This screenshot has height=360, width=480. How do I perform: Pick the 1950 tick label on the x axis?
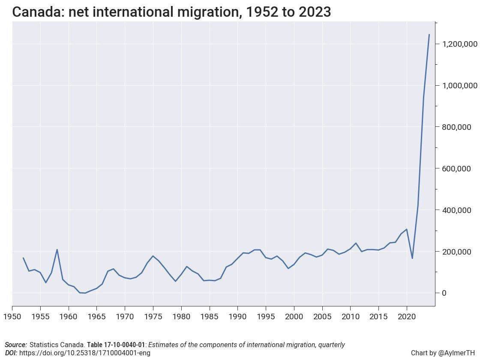(12, 317)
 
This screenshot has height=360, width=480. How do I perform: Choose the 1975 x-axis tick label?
(153, 317)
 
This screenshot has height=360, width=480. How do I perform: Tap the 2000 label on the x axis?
(294, 317)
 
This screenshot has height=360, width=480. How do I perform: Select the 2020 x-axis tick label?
(407, 317)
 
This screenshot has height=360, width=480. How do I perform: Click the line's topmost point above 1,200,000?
(429, 34)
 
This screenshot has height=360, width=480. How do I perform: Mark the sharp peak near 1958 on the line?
(57, 249)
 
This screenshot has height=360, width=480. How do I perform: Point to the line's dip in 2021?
(412, 258)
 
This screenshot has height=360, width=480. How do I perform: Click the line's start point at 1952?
(23, 258)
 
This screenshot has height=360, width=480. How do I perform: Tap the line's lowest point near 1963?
(85, 293)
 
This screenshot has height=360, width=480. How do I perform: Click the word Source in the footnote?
(16, 345)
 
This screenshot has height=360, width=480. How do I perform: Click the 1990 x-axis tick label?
(237, 317)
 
